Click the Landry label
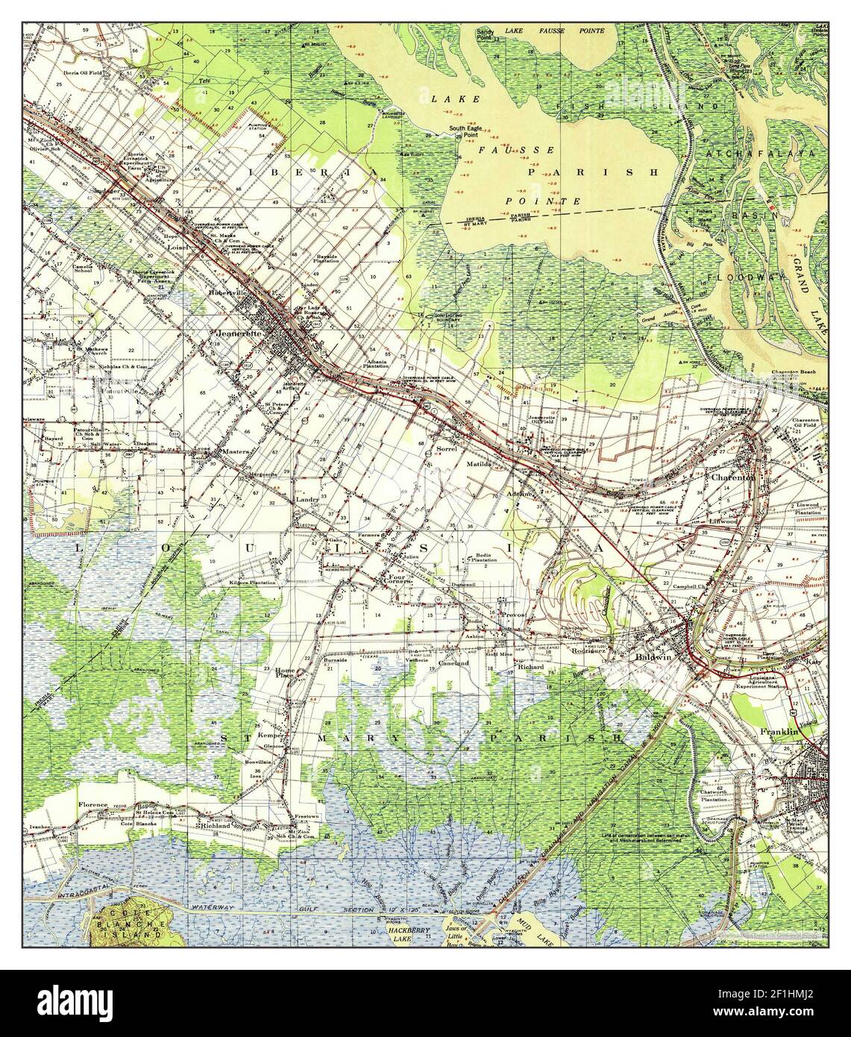pyautogui.click(x=307, y=499)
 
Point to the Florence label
pyautogui.click(x=94, y=805)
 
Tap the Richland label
pyautogui.click(x=211, y=826)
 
